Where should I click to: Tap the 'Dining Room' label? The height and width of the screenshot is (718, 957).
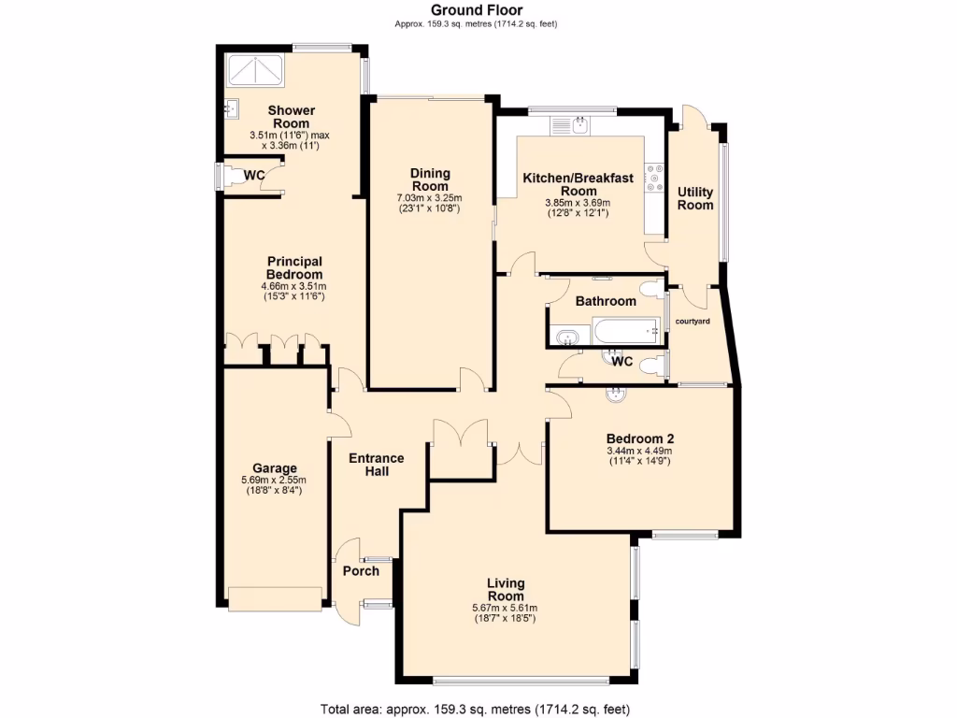pos(430,179)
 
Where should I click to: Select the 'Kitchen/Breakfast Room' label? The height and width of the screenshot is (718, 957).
pos(578,183)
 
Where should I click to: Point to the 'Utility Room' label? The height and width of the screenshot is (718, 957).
pos(694,198)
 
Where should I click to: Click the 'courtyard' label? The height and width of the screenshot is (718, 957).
pos(693,322)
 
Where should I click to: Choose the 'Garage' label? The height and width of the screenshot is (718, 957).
pos(275,468)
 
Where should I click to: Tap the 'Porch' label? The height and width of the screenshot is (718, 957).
pos(361,571)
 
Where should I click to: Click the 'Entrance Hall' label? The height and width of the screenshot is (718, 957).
pos(376,465)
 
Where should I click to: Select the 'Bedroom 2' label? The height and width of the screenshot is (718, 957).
pos(640,438)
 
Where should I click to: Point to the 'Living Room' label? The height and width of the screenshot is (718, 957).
pos(505,590)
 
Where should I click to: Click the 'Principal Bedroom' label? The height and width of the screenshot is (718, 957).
pos(294,267)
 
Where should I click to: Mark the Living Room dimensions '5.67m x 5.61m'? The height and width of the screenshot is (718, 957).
pos(505,608)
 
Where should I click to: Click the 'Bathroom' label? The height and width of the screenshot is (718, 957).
pos(606,301)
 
